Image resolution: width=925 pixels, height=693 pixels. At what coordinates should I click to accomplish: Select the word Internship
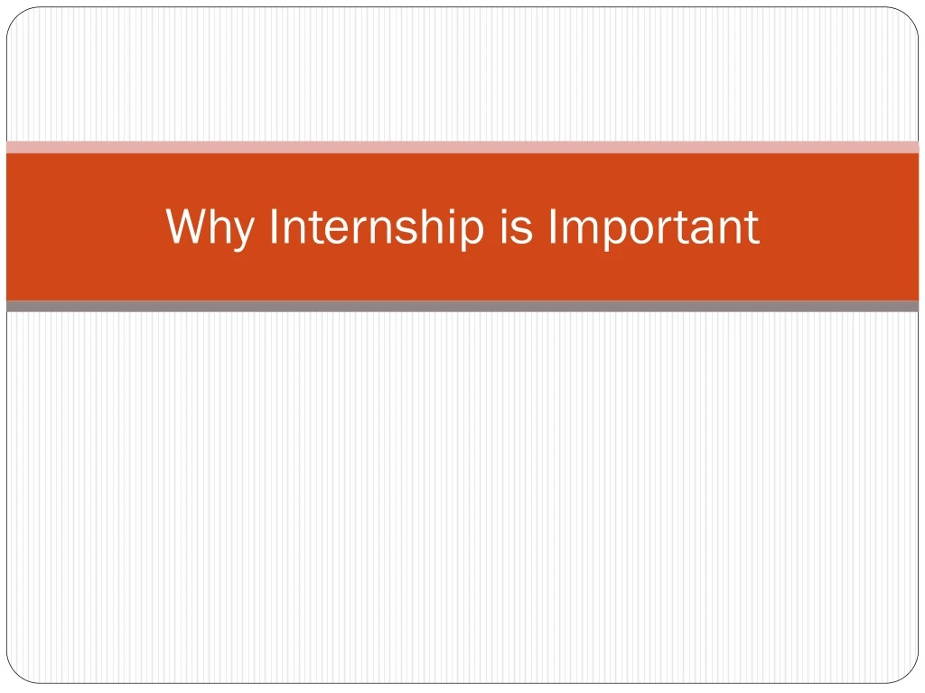376,227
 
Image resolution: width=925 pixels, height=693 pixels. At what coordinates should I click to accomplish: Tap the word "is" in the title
515,227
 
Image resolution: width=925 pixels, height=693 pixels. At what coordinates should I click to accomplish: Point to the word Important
653,227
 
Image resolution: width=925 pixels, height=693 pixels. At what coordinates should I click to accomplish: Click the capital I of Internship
274,226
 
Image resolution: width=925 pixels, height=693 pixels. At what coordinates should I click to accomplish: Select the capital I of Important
553,226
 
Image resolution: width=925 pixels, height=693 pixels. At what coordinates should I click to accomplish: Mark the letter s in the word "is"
524,231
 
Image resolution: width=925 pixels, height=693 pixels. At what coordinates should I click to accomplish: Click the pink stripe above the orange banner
462,147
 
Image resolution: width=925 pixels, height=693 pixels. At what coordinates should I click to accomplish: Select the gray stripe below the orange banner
462,307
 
